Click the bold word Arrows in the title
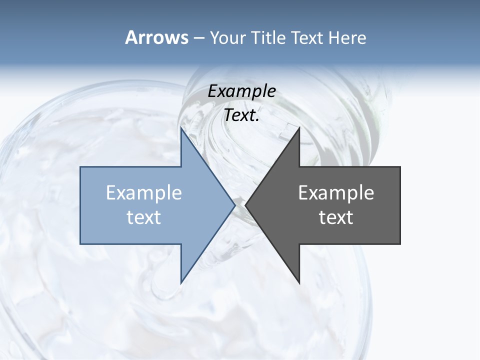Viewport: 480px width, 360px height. point(156,37)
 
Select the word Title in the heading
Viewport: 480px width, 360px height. point(267,38)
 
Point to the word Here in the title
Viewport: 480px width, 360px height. point(347,38)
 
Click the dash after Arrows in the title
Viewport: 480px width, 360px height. point(198,38)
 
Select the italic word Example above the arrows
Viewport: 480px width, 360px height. point(242,91)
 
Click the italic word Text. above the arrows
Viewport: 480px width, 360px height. point(242,115)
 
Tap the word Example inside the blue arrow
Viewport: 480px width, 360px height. point(144,192)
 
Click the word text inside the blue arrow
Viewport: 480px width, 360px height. point(144,217)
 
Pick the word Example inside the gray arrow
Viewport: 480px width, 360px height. point(336,192)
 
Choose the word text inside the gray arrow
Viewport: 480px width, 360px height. point(336,217)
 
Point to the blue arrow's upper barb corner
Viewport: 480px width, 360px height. point(181,128)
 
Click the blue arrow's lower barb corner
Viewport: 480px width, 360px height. point(181,282)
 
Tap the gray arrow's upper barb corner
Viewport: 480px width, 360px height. point(299,128)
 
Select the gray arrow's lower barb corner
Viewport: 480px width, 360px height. point(299,282)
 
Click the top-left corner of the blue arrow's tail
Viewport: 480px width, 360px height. point(80,167)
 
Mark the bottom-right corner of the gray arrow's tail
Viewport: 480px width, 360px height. point(400,243)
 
